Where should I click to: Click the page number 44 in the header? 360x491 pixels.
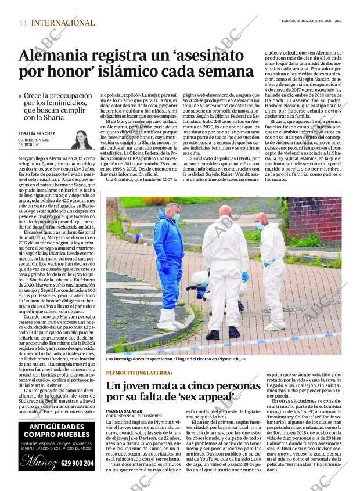[23, 23]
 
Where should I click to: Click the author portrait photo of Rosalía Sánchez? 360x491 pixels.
[81, 139]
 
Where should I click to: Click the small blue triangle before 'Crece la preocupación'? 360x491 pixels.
[21, 96]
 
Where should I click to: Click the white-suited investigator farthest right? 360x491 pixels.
[271, 261]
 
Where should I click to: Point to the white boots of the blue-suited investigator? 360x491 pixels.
[167, 319]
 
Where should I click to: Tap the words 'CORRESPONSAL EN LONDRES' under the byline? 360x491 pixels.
[134, 416]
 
